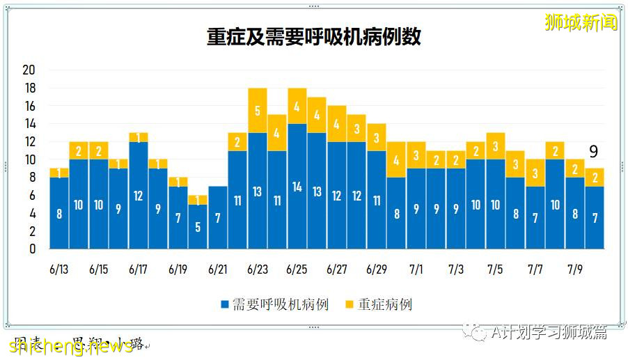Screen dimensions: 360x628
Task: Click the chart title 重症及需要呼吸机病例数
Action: [x=313, y=37]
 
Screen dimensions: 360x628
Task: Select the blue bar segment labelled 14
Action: [x=297, y=186]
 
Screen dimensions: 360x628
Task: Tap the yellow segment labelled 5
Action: [x=258, y=110]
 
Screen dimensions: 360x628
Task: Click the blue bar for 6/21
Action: [x=218, y=217]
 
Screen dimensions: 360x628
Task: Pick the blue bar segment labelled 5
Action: [x=198, y=226]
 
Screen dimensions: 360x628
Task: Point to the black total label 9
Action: [x=593, y=152]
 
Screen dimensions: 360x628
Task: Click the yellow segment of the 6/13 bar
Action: [x=59, y=173]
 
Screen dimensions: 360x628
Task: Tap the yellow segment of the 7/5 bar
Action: [x=496, y=146]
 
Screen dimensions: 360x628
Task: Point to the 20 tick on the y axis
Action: [x=29, y=70]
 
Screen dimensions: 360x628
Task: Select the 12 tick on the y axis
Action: [x=29, y=142]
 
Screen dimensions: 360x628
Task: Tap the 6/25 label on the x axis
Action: [x=297, y=269]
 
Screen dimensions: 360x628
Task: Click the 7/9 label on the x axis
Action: [x=575, y=269]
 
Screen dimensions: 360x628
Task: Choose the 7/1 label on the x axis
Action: [x=416, y=269]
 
